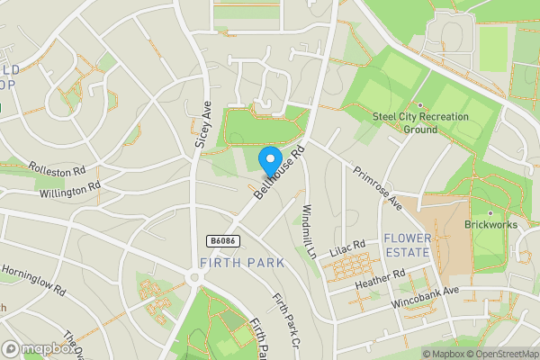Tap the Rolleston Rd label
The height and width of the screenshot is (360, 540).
click(x=57, y=168)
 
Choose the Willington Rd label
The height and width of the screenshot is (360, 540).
click(x=68, y=190)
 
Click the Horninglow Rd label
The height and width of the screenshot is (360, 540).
click(x=33, y=280)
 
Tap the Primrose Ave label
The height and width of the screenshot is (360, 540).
click(x=377, y=187)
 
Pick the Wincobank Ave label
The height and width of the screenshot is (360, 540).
click(x=425, y=299)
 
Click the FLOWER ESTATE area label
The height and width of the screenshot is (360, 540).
click(x=408, y=246)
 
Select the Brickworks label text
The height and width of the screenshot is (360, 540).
click(x=489, y=225)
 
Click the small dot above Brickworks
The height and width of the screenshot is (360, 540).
click(x=490, y=213)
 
